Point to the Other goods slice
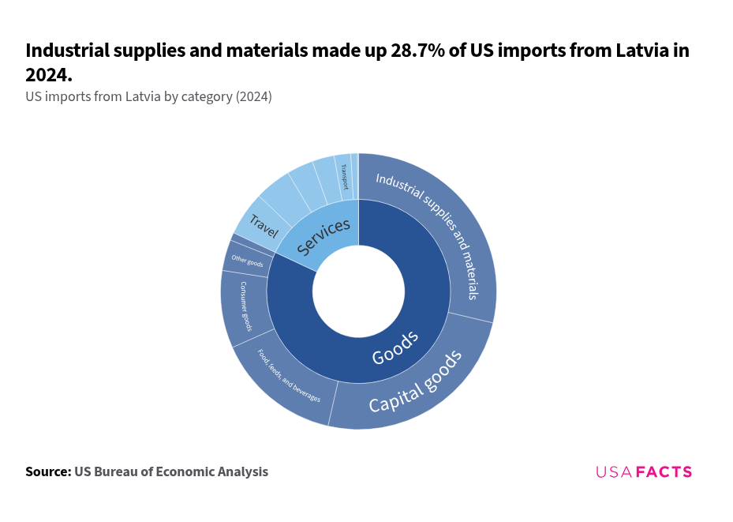[248, 261]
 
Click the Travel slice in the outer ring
[260, 225]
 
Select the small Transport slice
[343, 175]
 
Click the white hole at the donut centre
[358, 291]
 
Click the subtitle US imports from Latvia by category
[148, 97]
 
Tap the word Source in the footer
[47, 471]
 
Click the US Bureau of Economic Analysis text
[171, 471]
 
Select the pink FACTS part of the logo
[664, 472]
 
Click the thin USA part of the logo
[614, 472]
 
